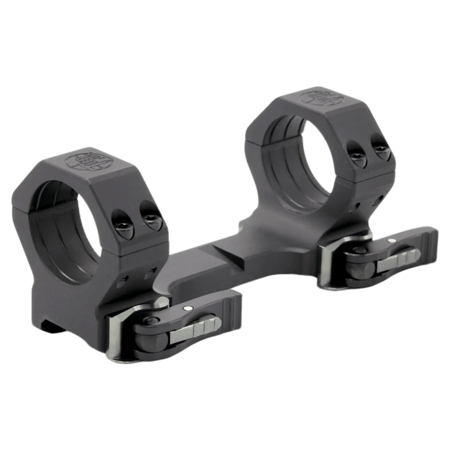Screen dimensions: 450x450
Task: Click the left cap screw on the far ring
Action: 357,155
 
